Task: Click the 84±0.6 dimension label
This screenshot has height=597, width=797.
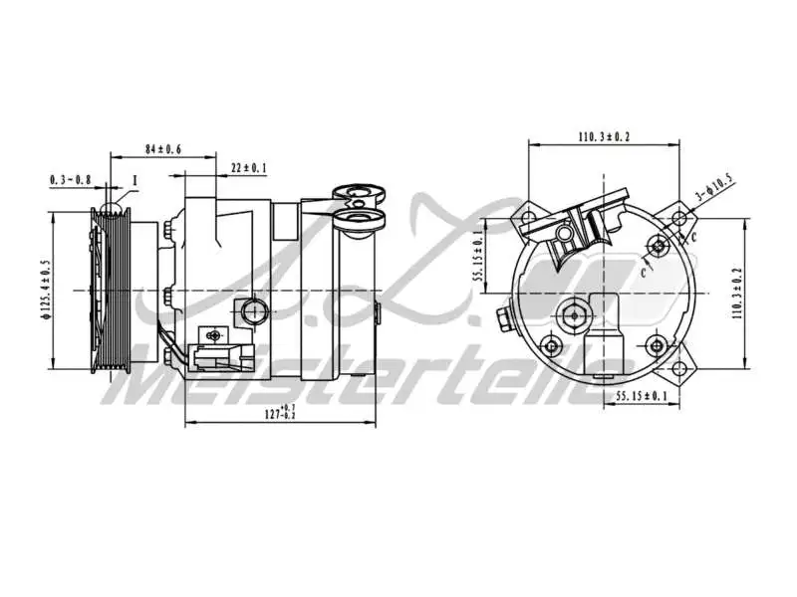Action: coord(162,149)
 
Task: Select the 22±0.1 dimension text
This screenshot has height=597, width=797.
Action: coord(248,167)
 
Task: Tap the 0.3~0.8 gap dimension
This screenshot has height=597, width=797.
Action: coord(70,180)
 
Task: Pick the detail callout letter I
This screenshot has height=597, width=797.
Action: coord(133,180)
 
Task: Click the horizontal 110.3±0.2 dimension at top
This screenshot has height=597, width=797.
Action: coord(605,135)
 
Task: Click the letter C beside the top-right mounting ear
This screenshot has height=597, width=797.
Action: coord(693,236)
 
